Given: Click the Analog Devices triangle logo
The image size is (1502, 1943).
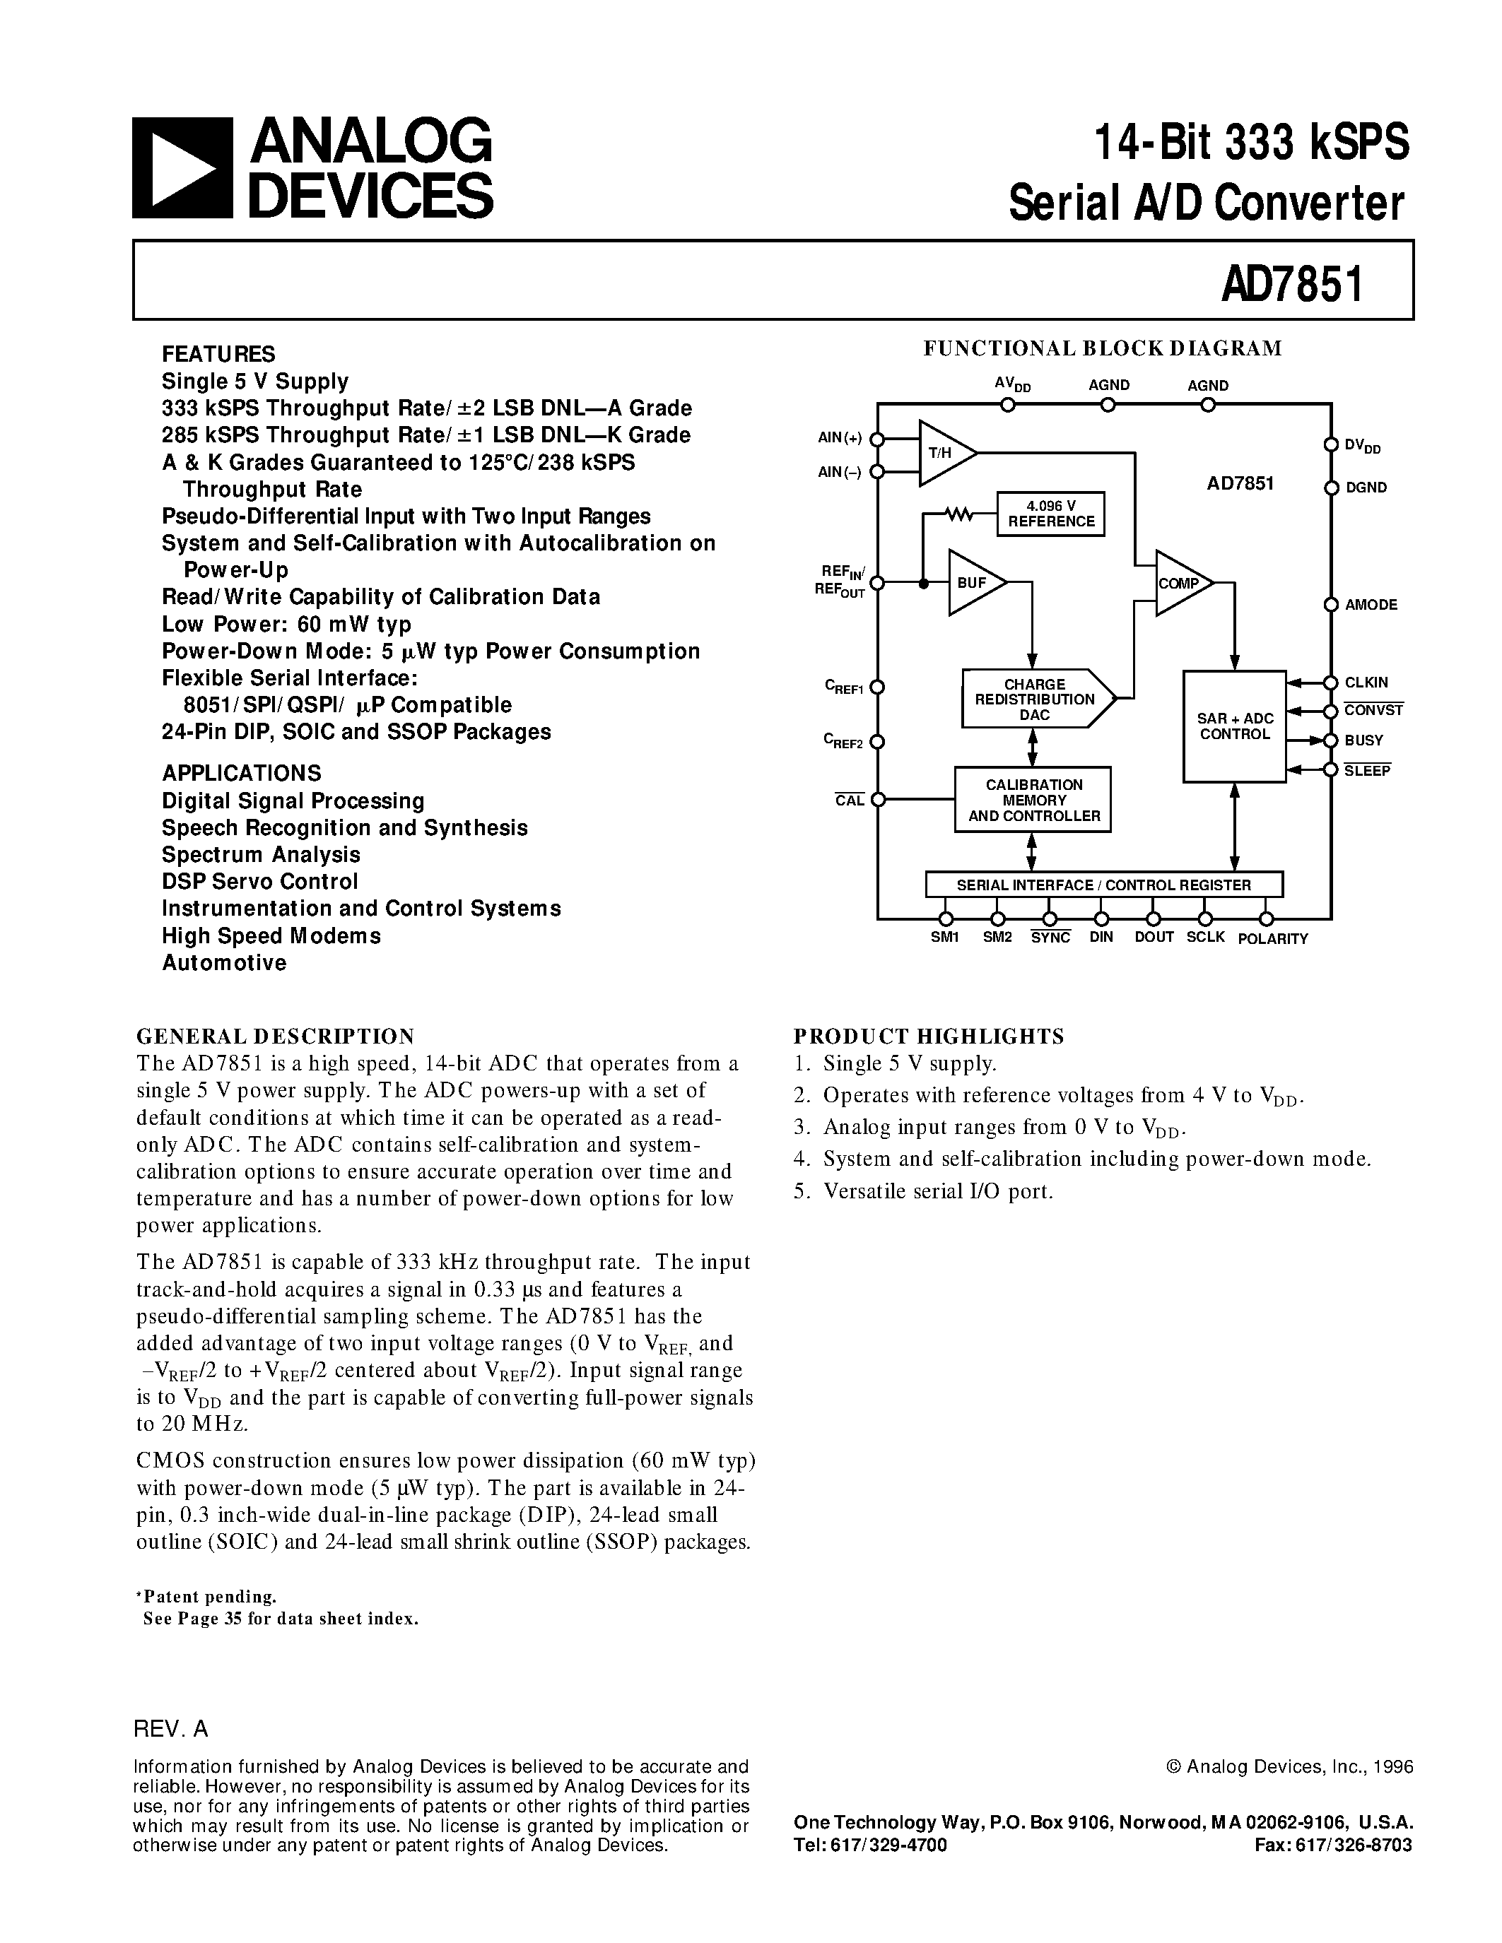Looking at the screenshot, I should pyautogui.click(x=182, y=167).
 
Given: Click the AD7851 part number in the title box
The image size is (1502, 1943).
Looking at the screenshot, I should pyautogui.click(x=1292, y=284).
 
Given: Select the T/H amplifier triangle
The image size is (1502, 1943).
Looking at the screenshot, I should pyautogui.click(x=943, y=453).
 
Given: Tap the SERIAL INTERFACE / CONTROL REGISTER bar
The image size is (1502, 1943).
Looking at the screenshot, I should pyautogui.click(x=1103, y=885).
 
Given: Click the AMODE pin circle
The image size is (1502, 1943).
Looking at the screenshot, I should pyautogui.click(x=1331, y=605).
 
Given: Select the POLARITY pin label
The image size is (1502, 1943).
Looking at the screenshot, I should pyautogui.click(x=1272, y=938).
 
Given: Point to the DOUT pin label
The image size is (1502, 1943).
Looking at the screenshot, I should pyautogui.click(x=1154, y=937).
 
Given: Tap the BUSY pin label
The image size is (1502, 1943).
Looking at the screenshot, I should pyautogui.click(x=1363, y=740).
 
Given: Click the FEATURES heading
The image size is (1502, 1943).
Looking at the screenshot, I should pyautogui.click(x=218, y=354).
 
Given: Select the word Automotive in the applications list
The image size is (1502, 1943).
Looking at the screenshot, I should pyautogui.click(x=224, y=962).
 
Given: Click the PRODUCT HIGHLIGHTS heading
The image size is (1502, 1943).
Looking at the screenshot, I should pyautogui.click(x=928, y=1036).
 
